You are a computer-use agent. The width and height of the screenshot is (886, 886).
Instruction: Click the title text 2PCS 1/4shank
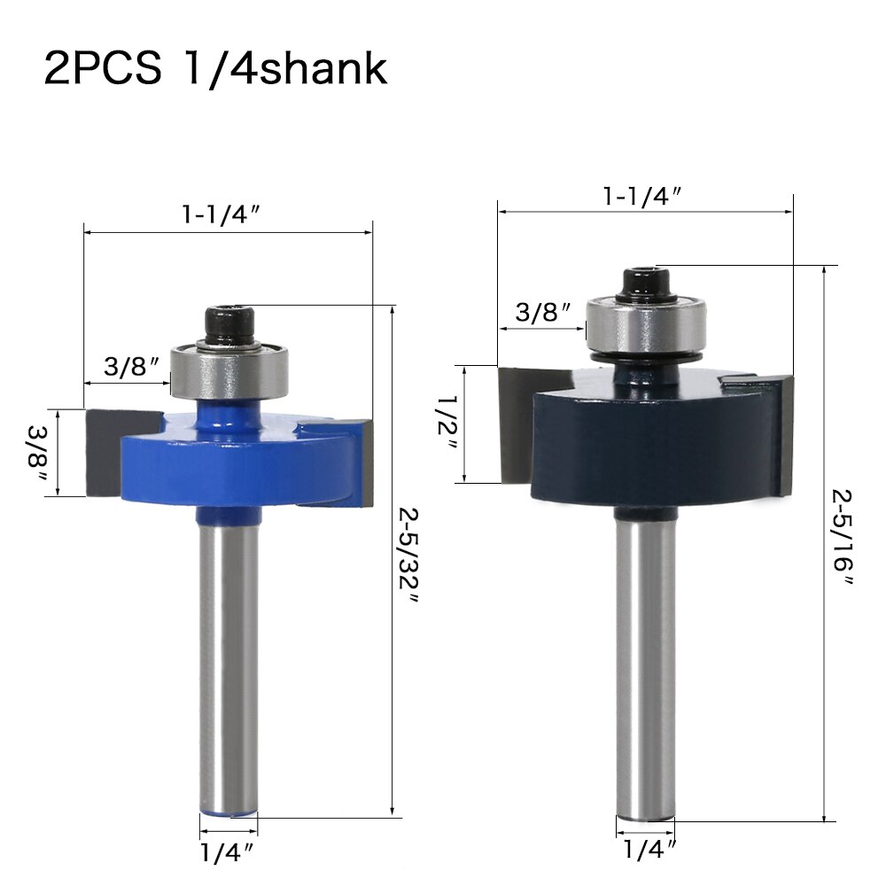[215, 68]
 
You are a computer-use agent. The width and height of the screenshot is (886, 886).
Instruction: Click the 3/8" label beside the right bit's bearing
[542, 312]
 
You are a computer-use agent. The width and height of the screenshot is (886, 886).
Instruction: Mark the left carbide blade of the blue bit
[105, 452]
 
